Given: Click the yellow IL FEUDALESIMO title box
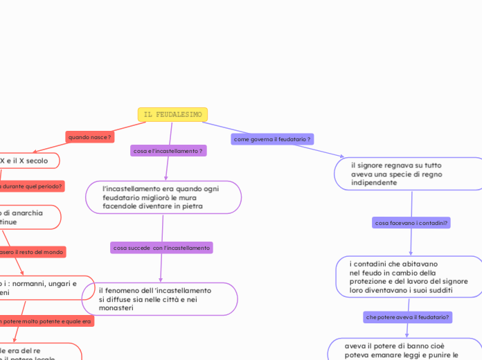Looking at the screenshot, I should [172, 114].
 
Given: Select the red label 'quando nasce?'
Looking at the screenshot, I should [89, 137].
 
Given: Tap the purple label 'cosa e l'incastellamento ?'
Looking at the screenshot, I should [168, 150].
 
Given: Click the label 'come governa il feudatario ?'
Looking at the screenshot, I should [272, 139].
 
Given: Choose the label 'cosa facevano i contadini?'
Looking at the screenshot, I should [411, 223].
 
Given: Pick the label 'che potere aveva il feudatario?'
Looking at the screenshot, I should [407, 316].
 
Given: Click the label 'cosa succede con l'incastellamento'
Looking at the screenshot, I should [161, 247].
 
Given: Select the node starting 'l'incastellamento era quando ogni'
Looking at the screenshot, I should [163, 197].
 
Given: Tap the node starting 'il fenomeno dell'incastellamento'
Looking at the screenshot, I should [159, 299].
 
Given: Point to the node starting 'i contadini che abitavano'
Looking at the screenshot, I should [409, 277].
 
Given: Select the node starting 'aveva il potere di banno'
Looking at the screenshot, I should [402, 350].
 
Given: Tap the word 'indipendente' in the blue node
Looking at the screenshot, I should [374, 183].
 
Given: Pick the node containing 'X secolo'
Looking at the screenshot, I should [28, 161].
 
